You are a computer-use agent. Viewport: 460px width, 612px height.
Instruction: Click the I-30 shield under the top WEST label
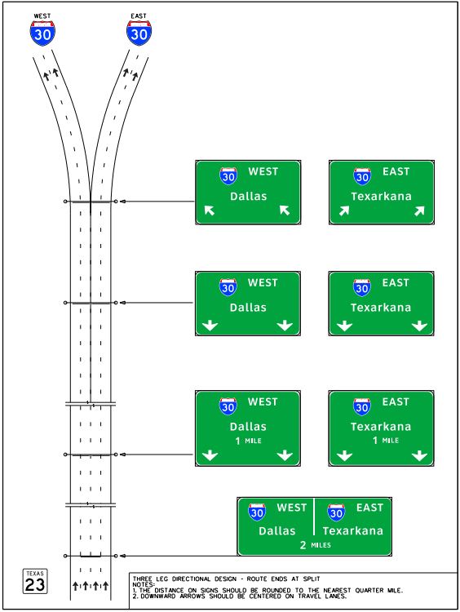pos(42,33)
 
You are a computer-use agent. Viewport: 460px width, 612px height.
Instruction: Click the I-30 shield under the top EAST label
pos(139,33)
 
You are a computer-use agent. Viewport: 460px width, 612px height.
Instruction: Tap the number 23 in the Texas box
pos(34,584)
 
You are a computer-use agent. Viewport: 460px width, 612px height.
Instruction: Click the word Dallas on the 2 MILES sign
pos(276,530)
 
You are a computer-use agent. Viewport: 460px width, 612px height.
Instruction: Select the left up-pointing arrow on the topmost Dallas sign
pos(210,211)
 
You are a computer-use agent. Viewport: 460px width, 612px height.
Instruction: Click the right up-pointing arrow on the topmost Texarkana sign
pos(419,211)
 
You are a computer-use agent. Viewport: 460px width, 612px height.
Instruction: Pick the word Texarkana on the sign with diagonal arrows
pos(381,196)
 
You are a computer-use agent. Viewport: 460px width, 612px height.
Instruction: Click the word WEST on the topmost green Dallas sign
pos(263,171)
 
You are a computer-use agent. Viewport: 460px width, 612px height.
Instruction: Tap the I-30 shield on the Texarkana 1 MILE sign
pos(361,406)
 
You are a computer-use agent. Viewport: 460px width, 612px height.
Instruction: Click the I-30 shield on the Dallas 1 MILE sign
pos(228,406)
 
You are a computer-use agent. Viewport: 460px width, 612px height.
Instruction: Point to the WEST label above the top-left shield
pos(42,16)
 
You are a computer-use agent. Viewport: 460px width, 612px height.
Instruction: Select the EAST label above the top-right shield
pos(139,16)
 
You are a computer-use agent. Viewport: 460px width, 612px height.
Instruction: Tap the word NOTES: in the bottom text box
pos(144,583)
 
